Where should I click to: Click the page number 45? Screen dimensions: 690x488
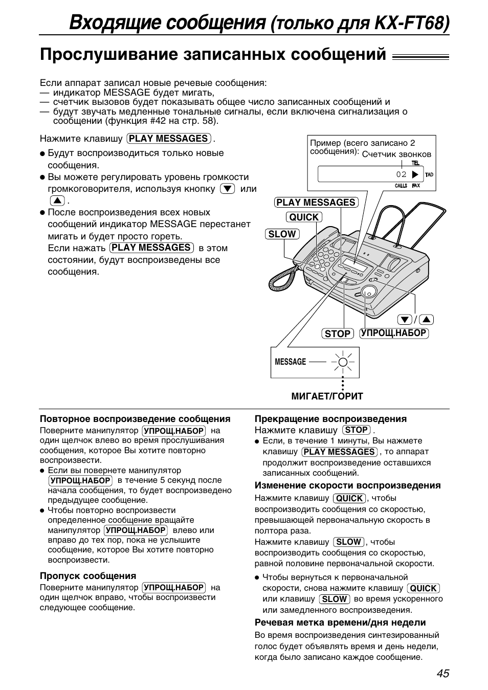(x=443, y=673)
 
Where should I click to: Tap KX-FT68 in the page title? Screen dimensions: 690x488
(x=413, y=23)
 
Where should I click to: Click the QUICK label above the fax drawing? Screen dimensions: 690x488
(x=304, y=217)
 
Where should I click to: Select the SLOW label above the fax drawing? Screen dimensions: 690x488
(x=282, y=234)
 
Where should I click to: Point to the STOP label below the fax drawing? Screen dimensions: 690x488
(x=338, y=334)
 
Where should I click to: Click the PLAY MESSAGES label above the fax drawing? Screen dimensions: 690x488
(x=316, y=203)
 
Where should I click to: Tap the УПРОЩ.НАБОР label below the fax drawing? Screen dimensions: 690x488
(x=393, y=333)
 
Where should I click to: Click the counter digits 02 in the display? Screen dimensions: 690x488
(x=401, y=174)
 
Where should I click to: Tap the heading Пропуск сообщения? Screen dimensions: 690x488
(x=88, y=576)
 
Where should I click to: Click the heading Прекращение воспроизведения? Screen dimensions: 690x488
(x=330, y=419)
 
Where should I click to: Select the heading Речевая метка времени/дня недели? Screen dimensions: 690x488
(x=340, y=622)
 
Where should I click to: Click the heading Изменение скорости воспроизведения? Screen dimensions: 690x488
(x=347, y=485)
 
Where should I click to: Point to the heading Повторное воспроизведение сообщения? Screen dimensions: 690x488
(x=135, y=419)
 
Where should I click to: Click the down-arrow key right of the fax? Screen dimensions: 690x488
(x=405, y=320)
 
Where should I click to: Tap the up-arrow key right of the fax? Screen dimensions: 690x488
(x=427, y=320)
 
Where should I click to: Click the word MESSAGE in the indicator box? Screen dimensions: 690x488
(x=290, y=362)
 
